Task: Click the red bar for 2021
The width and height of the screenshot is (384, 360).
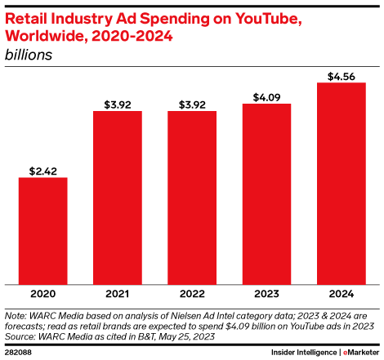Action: (117, 197)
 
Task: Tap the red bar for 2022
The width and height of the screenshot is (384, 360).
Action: (192, 197)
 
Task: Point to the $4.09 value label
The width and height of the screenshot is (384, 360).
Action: (266, 96)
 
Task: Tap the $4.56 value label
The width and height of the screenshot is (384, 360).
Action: (341, 76)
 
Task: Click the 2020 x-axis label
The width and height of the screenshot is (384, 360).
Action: (42, 293)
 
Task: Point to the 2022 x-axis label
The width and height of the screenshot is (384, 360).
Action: (192, 293)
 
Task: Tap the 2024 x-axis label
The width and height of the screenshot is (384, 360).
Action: (341, 293)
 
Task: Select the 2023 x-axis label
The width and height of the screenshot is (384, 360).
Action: (266, 293)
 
